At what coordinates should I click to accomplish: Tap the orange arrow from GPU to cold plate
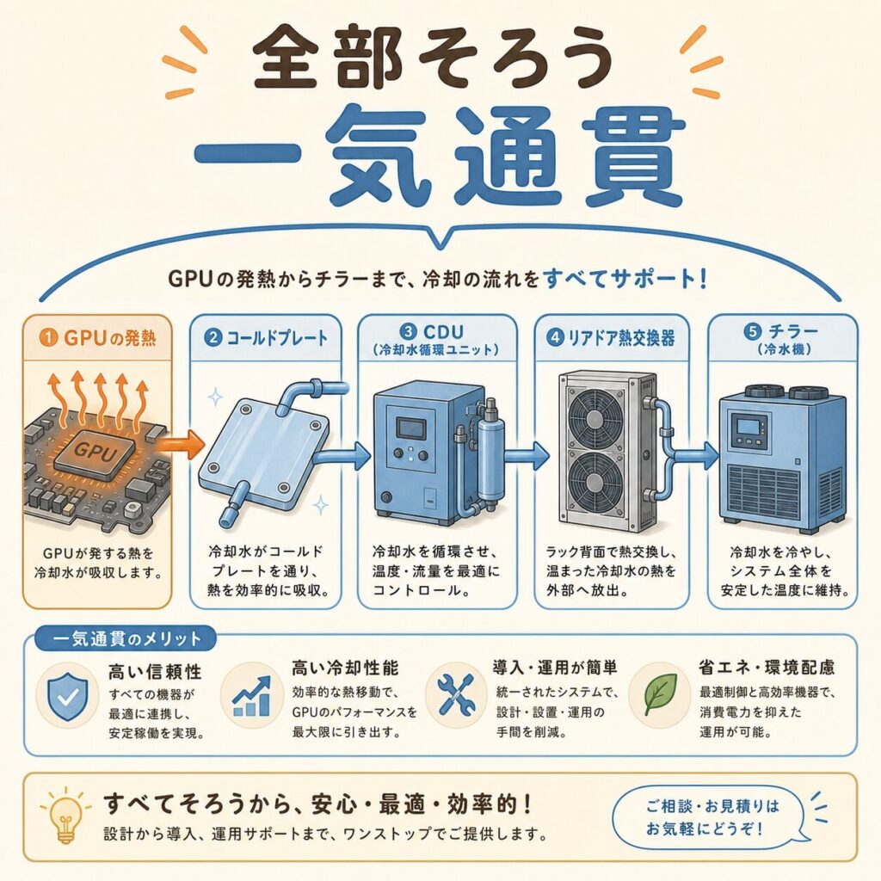pos(177,444)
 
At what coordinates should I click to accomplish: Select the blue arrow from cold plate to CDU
pos(342,456)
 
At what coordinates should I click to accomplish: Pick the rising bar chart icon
pos(251,695)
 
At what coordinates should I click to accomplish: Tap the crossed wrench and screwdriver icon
pos(456,694)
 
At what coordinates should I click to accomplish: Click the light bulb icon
pos(65,817)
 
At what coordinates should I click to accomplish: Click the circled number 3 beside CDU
pos(409,331)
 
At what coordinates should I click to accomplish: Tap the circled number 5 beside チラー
pos(753,331)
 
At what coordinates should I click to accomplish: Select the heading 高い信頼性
pos(155,671)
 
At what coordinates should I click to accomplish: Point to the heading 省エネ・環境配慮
pos(767,668)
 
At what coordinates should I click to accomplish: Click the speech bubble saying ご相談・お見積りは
pos(713,818)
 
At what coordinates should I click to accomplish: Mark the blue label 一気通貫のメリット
pos(126,639)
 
